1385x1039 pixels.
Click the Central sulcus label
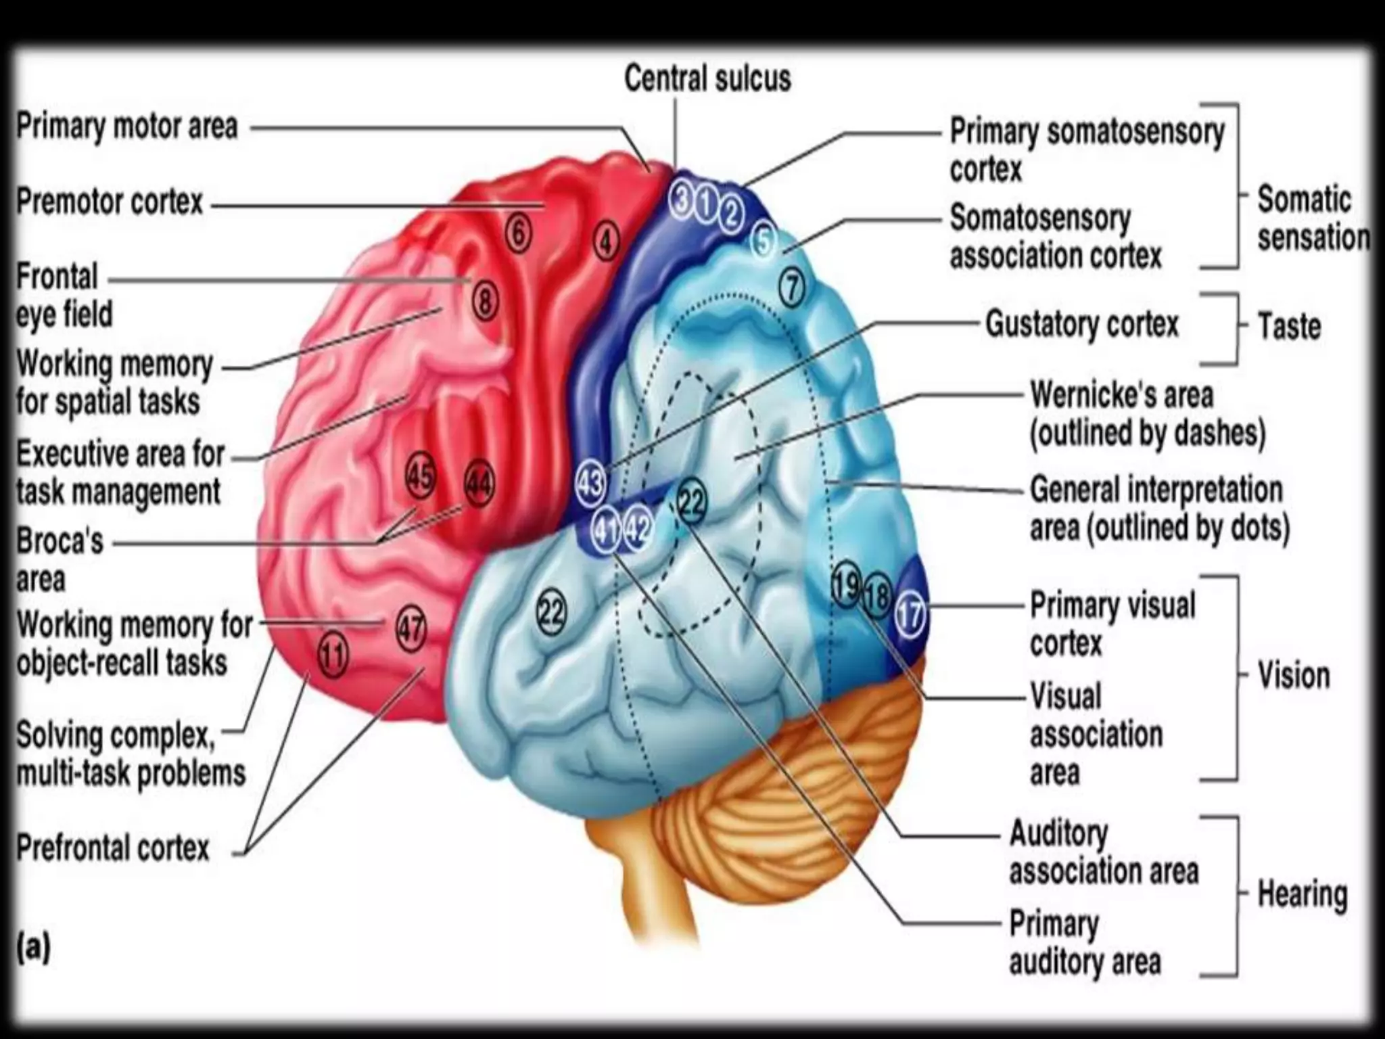pos(707,78)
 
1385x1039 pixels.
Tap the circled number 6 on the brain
pos(518,234)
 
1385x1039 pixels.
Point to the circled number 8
pos(485,301)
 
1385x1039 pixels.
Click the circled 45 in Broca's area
pos(420,477)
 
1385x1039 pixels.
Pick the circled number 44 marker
pos(479,485)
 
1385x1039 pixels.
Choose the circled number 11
pos(333,655)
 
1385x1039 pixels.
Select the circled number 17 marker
pos(910,615)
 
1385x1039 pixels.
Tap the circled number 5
pos(762,241)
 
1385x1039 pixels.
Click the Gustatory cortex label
pos(1081,325)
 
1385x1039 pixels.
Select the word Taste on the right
pos(1288,327)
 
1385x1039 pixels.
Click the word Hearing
pos(1302,894)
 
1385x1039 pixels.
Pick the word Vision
pos(1293,676)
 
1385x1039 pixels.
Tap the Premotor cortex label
pos(110,202)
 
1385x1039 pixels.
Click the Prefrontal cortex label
pos(113,848)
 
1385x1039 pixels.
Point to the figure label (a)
pos(34,947)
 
